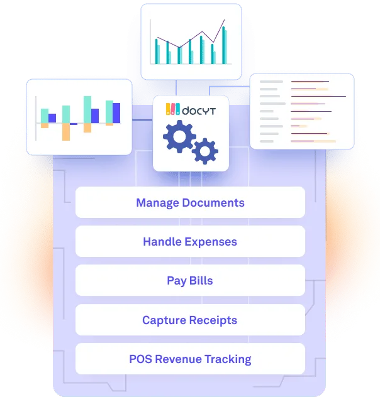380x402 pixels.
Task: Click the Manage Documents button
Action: click(x=190, y=202)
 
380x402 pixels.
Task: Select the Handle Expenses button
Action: click(x=190, y=241)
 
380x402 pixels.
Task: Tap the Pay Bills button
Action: click(x=190, y=281)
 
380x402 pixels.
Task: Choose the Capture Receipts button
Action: click(x=190, y=320)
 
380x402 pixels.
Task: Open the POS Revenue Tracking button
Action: click(x=190, y=359)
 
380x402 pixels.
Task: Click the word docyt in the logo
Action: click(x=199, y=111)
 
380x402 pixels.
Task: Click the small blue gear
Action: click(x=205, y=151)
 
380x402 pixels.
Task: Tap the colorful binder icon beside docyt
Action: click(x=173, y=109)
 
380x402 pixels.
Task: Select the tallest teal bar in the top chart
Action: click(x=223, y=45)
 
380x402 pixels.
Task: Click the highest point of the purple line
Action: click(x=225, y=19)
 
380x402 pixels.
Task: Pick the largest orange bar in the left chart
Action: click(x=66, y=131)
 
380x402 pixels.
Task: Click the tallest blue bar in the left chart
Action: click(x=116, y=113)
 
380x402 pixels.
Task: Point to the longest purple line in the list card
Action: click(x=318, y=96)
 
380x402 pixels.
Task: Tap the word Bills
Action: click(x=201, y=281)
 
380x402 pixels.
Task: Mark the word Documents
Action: click(x=213, y=202)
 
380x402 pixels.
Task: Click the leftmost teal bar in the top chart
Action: click(x=157, y=52)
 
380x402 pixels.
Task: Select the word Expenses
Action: click(x=211, y=242)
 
